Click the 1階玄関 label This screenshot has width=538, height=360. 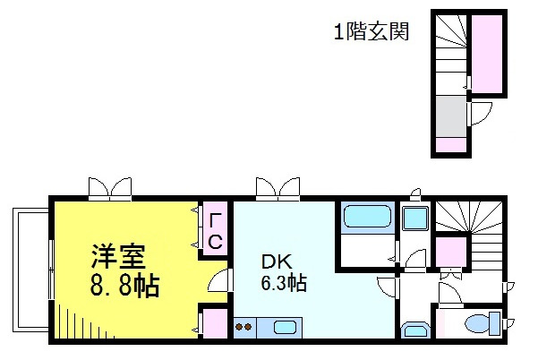[371, 33]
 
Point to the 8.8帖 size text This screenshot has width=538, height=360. [124, 287]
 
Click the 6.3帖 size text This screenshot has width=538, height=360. [284, 284]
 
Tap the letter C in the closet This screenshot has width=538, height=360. [215, 241]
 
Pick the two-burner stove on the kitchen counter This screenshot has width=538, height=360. [244, 328]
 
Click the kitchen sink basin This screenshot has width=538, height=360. [285, 328]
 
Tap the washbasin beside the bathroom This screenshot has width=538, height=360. [414, 218]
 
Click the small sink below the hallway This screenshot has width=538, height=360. [414, 331]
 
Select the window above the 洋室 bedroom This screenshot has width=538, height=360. [111, 188]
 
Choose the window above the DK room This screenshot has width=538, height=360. [278, 188]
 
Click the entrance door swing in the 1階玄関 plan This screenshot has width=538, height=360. [482, 114]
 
